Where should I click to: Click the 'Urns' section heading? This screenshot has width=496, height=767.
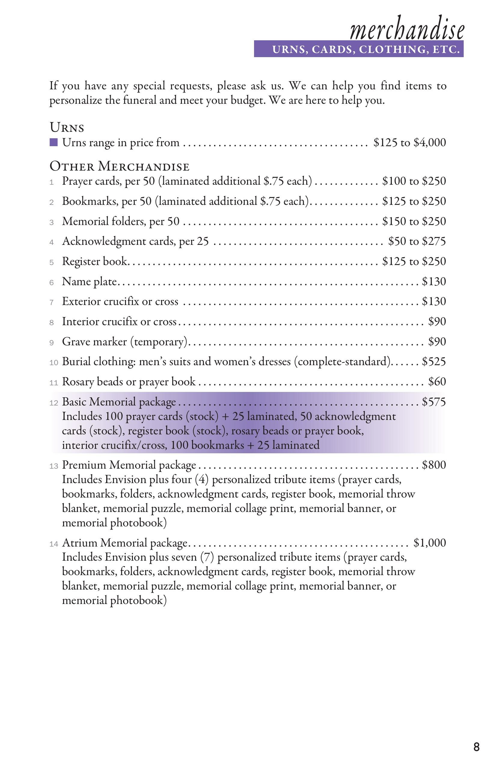[x=67, y=128]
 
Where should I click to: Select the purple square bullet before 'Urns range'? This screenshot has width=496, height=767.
[x=54, y=142]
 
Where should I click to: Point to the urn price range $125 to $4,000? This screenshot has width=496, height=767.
[x=409, y=143]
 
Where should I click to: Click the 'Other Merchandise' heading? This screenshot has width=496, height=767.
[x=119, y=167]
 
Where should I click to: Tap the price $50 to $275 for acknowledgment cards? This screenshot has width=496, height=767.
[x=417, y=241]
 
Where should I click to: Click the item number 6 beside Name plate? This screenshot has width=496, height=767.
[x=51, y=283]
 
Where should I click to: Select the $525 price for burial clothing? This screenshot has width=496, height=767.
[x=434, y=362]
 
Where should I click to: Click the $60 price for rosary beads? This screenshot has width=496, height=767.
[x=437, y=382]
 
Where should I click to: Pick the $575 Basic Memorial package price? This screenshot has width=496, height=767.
[x=434, y=402]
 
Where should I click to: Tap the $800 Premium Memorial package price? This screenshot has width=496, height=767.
[x=434, y=465]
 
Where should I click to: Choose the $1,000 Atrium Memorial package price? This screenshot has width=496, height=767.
[x=430, y=543]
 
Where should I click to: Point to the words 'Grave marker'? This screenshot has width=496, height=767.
[x=94, y=342]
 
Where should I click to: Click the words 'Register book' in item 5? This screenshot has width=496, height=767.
[x=95, y=261]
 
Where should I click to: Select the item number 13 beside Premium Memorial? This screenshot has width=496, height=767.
[x=54, y=466]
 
